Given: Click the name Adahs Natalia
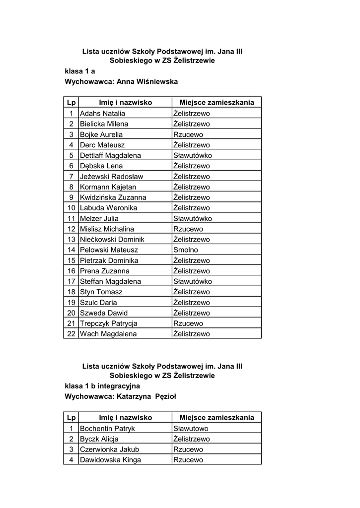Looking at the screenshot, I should (103, 114).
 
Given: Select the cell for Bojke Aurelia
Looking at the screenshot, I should (101, 134).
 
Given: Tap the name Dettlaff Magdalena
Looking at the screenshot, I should (110, 155).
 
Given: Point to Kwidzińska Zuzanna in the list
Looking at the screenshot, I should (113, 197).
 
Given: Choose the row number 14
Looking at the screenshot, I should (71, 250).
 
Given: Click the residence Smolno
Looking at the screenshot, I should (186, 250).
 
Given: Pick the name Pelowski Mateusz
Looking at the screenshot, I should (109, 250).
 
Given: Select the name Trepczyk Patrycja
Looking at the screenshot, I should (109, 323).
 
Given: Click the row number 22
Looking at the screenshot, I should (71, 334).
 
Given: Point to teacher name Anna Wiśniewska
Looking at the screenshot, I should (147, 81).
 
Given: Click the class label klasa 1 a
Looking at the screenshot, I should (80, 71).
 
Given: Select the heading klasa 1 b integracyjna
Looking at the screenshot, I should (102, 385).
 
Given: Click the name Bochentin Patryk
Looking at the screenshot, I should (107, 429).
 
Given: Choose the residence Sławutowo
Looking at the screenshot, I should (191, 429).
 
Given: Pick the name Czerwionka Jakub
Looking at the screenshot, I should (109, 449).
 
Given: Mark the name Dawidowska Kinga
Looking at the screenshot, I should (110, 460).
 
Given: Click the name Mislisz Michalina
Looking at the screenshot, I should (107, 229).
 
